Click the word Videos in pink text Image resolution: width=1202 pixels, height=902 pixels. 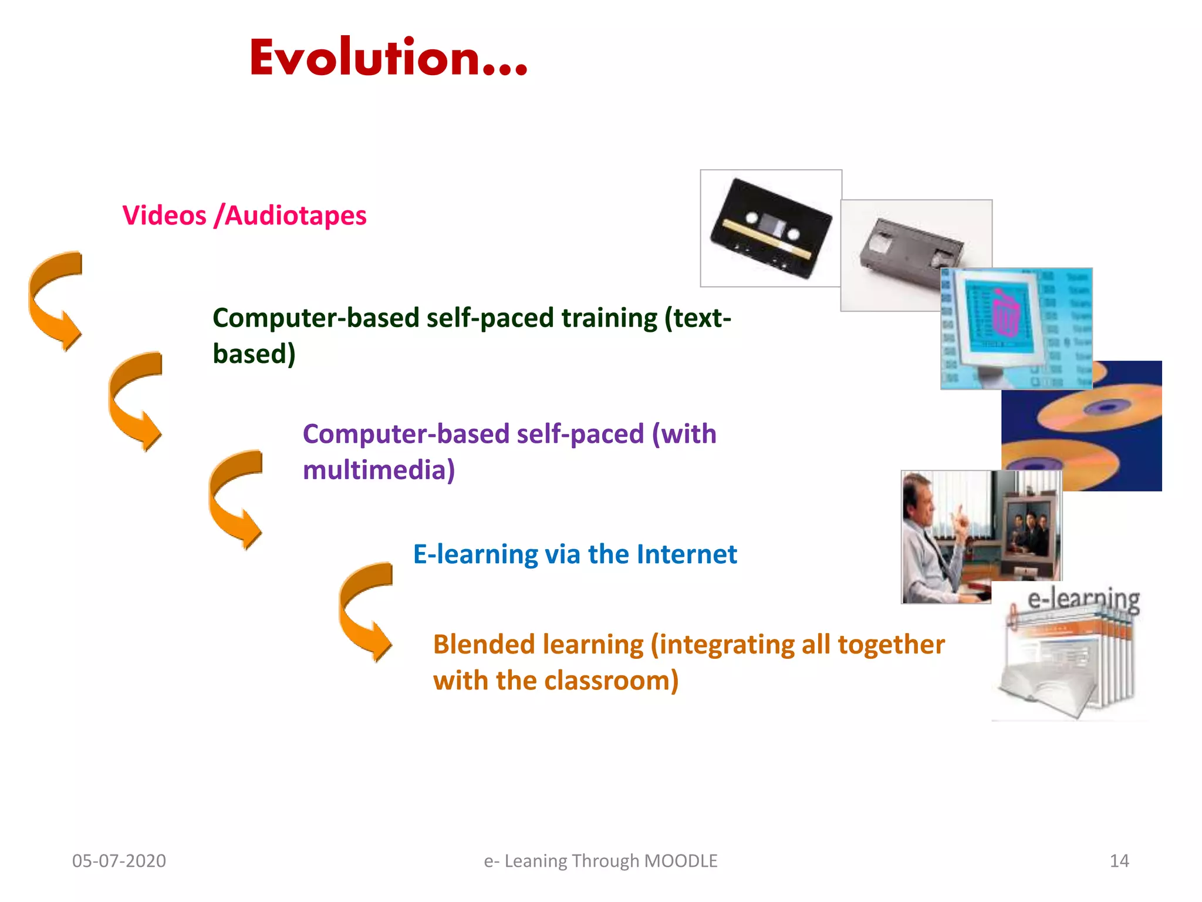click(x=164, y=216)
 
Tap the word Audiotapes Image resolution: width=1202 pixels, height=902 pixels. click(x=296, y=216)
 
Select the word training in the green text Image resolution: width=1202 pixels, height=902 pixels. click(x=609, y=318)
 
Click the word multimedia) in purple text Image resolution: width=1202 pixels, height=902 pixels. click(x=379, y=470)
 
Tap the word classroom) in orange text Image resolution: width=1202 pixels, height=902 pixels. click(x=612, y=681)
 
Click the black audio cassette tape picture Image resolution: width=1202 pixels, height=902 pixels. click(x=771, y=229)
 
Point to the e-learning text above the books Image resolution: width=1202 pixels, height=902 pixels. click(x=1083, y=599)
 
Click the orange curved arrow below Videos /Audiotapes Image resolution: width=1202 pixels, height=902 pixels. click(x=56, y=299)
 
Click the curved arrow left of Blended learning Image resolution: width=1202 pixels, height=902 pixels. click(x=365, y=611)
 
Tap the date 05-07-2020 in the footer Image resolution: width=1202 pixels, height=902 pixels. click(x=119, y=861)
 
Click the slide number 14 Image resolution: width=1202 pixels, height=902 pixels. click(x=1119, y=861)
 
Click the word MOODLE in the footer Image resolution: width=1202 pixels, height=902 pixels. click(x=681, y=861)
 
